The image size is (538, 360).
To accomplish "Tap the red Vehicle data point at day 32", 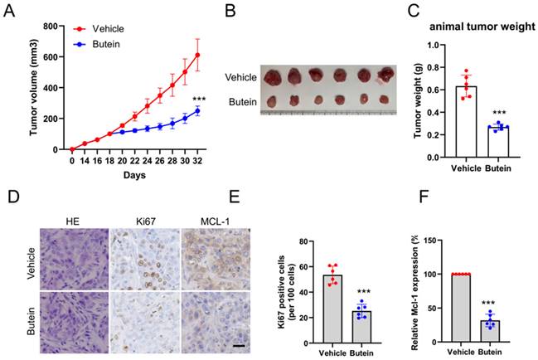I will (197, 56).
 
